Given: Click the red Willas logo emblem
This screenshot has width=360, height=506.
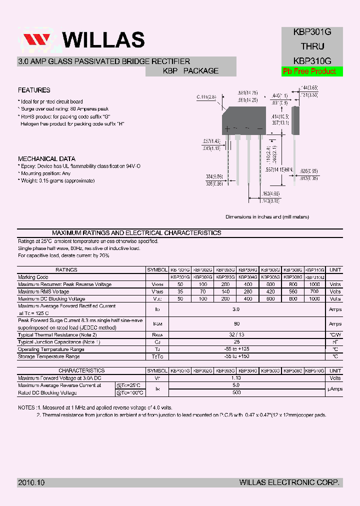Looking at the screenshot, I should coord(36,40).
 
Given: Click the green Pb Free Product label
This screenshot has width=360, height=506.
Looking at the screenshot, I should coord(309,71).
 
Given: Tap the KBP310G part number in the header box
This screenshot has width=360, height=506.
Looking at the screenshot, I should coord(309,60).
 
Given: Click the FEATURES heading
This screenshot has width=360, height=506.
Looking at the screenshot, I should coord(34,90).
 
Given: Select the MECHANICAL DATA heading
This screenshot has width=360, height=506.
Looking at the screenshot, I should coord(46,159).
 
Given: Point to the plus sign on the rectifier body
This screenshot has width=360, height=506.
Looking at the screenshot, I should coord(227,129).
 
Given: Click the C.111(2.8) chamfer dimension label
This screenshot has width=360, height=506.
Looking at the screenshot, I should coord(205,97).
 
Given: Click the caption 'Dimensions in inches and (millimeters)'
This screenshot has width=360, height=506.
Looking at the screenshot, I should coord(267,217).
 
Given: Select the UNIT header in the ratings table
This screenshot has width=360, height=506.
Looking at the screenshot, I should coord(335,270).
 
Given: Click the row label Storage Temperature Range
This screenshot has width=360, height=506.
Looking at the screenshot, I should coord(49,356).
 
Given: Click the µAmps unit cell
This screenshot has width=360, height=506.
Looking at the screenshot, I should coord(335,389).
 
